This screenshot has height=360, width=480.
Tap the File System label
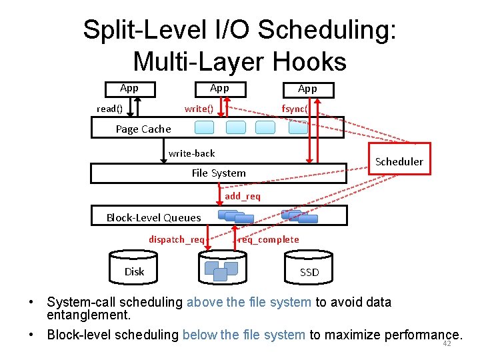pyautogui.click(x=219, y=173)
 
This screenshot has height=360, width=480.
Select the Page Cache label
pyautogui.click(x=143, y=129)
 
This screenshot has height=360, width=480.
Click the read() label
pyautogui.click(x=109, y=109)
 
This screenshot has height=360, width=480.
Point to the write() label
pyautogui.click(x=199, y=109)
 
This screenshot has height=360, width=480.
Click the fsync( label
pyautogui.click(x=294, y=109)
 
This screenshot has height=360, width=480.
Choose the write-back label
pyautogui.click(x=191, y=153)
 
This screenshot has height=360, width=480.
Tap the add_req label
pyautogui.click(x=243, y=197)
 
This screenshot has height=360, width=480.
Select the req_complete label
pyautogui.click(x=269, y=239)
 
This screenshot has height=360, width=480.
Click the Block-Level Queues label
pyautogui.click(x=153, y=217)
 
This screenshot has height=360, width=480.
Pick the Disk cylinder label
pyautogui.click(x=134, y=271)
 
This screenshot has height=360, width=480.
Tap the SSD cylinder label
pyautogui.click(x=309, y=272)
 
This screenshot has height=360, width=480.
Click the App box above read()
pyautogui.click(x=129, y=88)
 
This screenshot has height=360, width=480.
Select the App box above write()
pyautogui.click(x=219, y=88)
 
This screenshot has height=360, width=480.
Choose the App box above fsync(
pyautogui.click(x=307, y=89)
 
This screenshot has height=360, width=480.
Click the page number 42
pyautogui.click(x=447, y=344)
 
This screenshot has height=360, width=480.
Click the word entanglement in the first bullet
pyautogui.click(x=87, y=314)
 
